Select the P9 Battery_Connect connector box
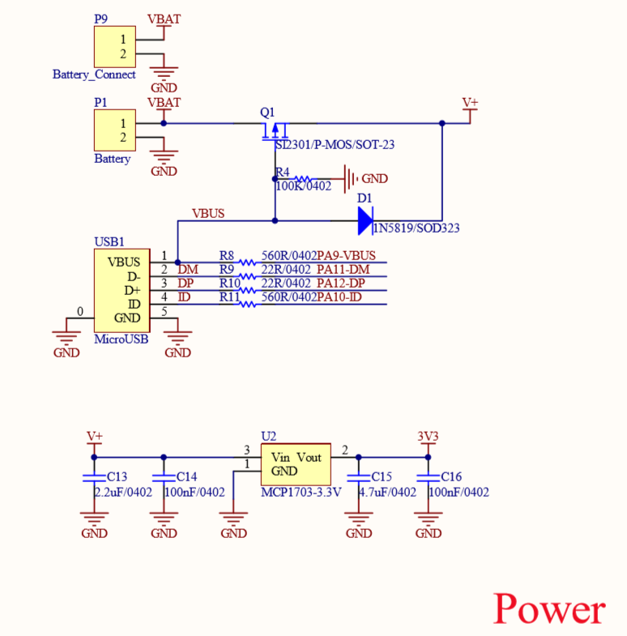(x=114, y=47)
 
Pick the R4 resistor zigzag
(x=301, y=179)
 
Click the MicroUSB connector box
(x=121, y=290)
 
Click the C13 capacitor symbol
(x=95, y=477)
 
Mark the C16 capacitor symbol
(x=429, y=477)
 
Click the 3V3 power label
(x=428, y=437)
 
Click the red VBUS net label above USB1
(x=208, y=214)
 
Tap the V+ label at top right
(x=470, y=103)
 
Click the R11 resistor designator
(x=229, y=297)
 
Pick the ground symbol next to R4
(x=351, y=178)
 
